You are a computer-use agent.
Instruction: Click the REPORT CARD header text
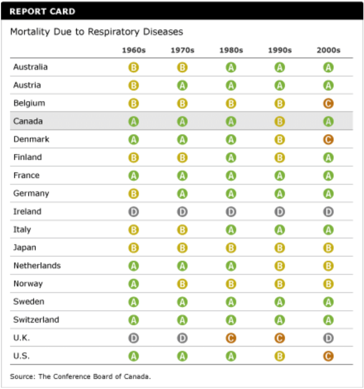(42, 11)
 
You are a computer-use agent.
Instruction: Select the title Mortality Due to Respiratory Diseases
(96, 32)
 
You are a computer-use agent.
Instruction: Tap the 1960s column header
(133, 50)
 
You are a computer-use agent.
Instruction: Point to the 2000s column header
(328, 50)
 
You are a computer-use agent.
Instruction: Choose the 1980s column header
(231, 50)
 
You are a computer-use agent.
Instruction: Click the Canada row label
(28, 121)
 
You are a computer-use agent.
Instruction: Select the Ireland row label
(27, 211)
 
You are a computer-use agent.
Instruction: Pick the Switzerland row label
(36, 319)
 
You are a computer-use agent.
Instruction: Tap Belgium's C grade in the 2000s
(328, 103)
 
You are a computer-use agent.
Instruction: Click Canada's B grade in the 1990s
(280, 122)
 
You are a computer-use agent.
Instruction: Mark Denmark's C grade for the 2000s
(328, 139)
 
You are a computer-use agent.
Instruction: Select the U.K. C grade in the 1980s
(231, 338)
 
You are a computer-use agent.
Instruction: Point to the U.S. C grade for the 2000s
(328, 356)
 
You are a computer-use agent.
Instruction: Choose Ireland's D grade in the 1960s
(133, 212)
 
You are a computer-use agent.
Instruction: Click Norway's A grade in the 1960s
(133, 284)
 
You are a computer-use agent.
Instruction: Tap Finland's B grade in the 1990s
(280, 157)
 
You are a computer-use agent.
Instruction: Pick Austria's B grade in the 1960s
(133, 85)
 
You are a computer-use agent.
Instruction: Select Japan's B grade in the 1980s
(231, 248)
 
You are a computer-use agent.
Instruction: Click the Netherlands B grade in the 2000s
(328, 266)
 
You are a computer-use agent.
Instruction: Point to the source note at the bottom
(80, 376)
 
